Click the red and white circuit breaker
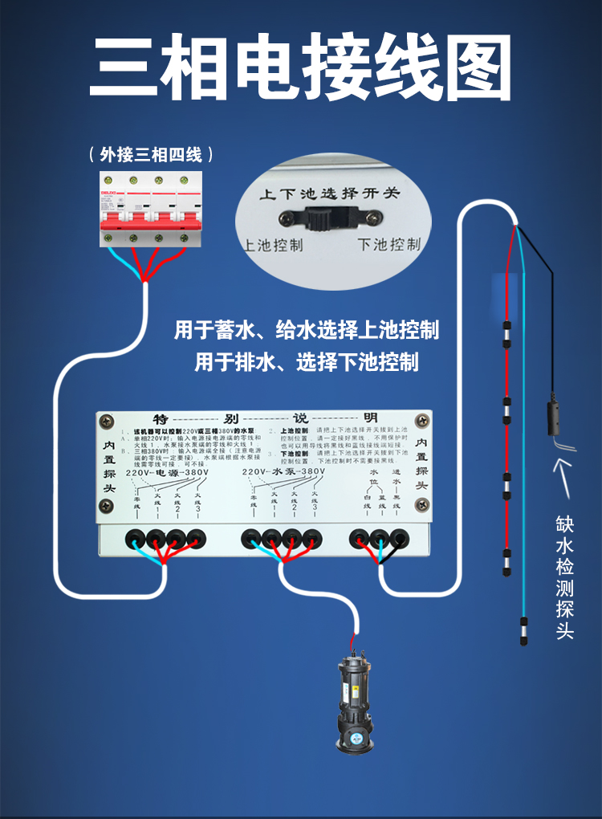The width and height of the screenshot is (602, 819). [151, 209]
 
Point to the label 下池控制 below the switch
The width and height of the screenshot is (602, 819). [388, 244]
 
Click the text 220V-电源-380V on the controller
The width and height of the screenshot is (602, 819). [167, 473]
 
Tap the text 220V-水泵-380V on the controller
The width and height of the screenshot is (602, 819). [283, 473]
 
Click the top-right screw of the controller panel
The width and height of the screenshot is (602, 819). [421, 420]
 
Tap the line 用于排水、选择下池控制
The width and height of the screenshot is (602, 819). [307, 362]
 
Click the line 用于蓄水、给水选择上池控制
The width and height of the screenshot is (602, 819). [307, 330]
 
